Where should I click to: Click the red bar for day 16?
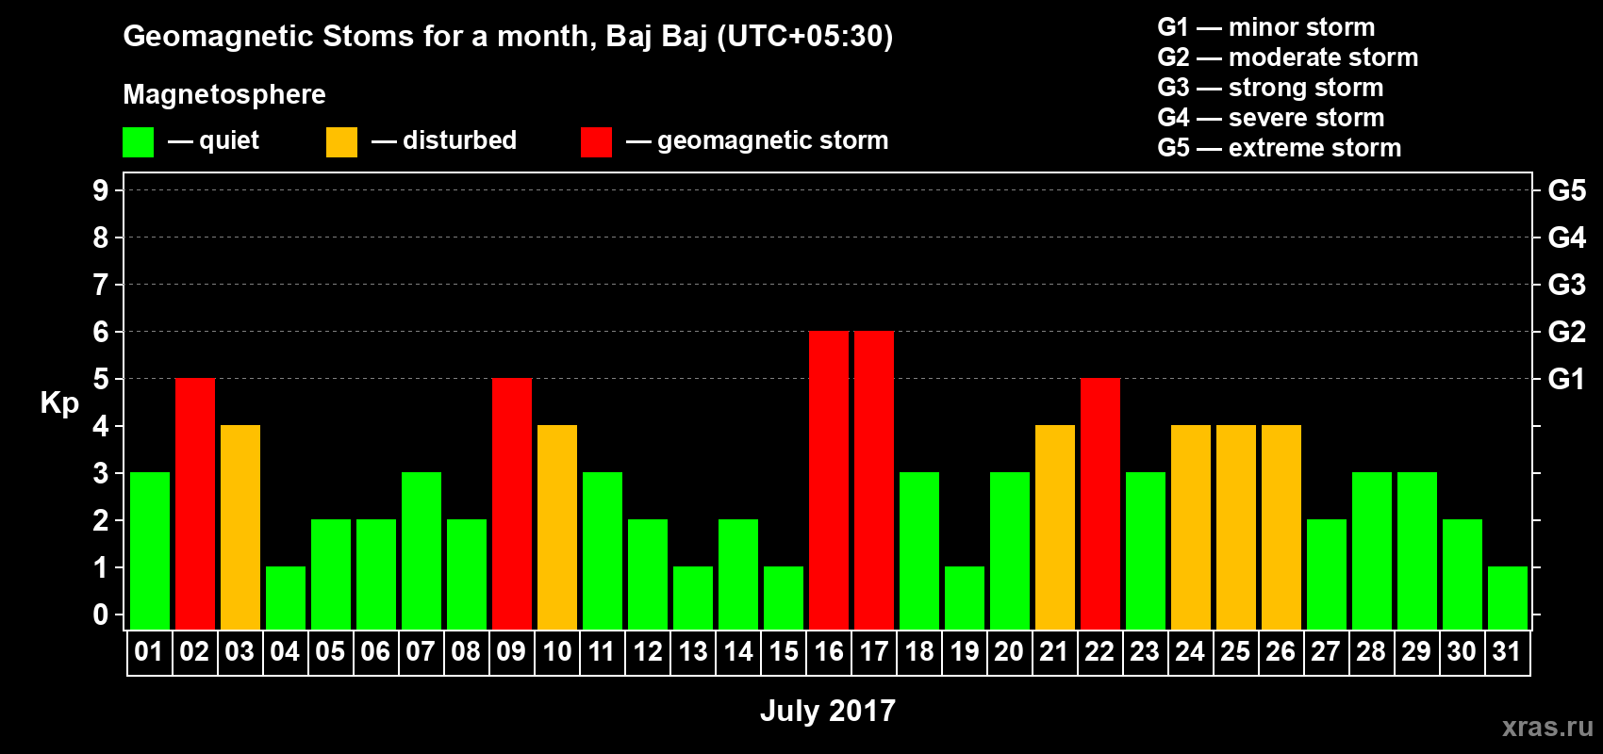click(x=829, y=480)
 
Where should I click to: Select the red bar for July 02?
click(x=194, y=503)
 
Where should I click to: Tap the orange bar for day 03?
click(x=240, y=527)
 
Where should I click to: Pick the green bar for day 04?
click(x=286, y=598)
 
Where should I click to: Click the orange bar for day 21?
click(x=1055, y=527)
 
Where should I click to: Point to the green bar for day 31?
click(x=1508, y=598)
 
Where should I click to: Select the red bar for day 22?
click(x=1100, y=503)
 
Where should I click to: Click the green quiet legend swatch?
click(x=138, y=141)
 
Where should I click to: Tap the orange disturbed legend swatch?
click(x=341, y=141)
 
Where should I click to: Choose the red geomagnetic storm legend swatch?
click(x=596, y=141)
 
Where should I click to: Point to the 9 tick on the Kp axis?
click(x=100, y=190)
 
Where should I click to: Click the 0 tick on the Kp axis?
click(x=100, y=615)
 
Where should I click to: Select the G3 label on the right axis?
click(x=1566, y=285)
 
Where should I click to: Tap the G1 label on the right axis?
click(x=1566, y=379)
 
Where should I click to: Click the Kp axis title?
click(x=59, y=403)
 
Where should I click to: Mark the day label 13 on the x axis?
click(x=693, y=651)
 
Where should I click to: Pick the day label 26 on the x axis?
click(x=1281, y=651)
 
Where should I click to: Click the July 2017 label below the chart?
click(x=828, y=711)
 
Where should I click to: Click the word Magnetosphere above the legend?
click(x=224, y=94)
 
